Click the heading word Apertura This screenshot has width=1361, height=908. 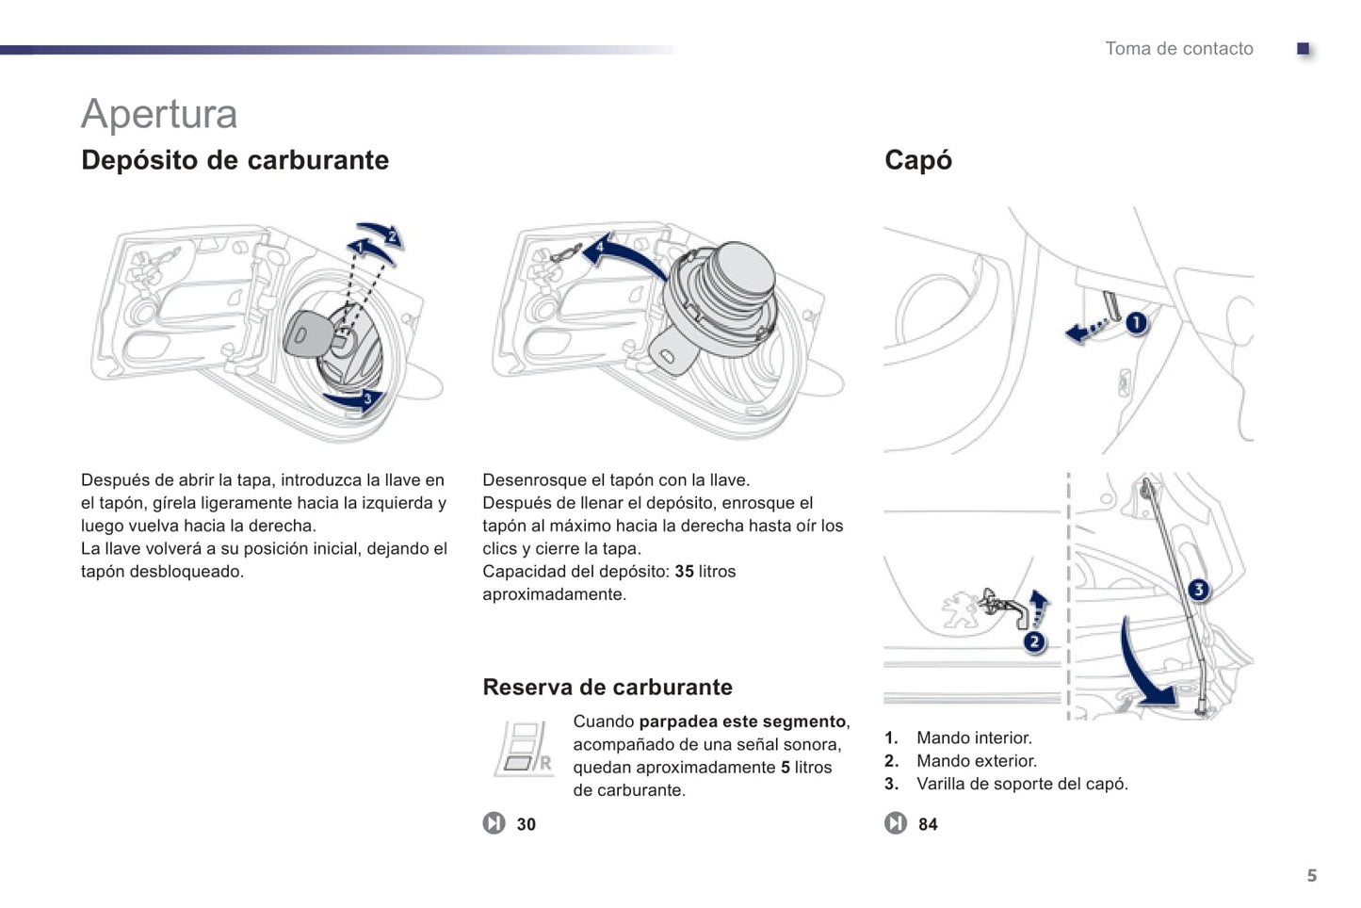click(159, 114)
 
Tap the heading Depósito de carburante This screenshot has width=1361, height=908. click(235, 160)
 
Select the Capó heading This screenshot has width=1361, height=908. click(917, 160)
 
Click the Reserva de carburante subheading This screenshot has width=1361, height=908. click(607, 687)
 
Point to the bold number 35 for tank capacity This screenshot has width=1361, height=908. click(684, 572)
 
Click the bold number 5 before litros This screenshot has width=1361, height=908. click(785, 768)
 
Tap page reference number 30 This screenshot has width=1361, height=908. click(526, 824)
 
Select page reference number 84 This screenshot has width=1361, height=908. click(928, 824)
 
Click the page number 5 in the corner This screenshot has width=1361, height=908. click(1311, 875)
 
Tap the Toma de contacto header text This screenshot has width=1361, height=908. click(1178, 49)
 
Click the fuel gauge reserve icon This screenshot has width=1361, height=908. click(523, 749)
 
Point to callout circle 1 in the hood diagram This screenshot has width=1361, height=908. click(1137, 323)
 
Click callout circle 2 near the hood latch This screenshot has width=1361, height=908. click(1034, 642)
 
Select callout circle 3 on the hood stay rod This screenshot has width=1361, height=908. click(1198, 590)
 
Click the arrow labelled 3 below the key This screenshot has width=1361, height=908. click(356, 399)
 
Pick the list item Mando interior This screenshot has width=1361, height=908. click(974, 738)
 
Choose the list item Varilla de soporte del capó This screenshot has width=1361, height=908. click(1021, 784)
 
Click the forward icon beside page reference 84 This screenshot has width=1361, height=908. click(896, 823)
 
